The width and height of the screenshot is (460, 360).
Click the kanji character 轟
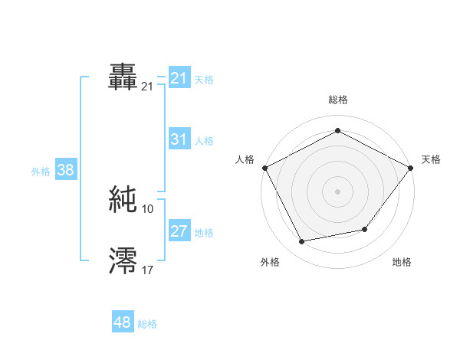(123, 77)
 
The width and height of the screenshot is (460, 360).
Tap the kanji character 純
(123, 199)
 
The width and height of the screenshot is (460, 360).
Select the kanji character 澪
(123, 260)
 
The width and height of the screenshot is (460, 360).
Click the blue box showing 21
(179, 78)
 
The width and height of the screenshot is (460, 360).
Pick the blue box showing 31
(179, 139)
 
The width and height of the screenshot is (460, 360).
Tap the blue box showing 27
(179, 231)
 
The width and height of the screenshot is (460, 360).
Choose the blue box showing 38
(66, 170)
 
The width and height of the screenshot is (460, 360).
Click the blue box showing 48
(123, 322)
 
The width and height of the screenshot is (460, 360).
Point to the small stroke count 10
(148, 208)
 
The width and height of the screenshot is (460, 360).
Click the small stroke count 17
(148, 270)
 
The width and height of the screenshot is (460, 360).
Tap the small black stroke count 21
(148, 87)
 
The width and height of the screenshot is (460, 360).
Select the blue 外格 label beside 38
(41, 172)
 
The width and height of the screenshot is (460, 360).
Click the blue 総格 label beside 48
(147, 324)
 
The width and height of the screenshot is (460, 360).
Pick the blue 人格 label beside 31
(204, 141)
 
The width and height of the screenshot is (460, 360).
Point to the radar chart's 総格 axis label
(338, 100)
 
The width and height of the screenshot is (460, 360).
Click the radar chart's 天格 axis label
(432, 159)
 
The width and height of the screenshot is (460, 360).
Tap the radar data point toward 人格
(265, 168)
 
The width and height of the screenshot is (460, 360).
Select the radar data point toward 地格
(365, 229)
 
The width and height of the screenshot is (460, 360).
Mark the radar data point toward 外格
(301, 242)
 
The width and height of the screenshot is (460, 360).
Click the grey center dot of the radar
(338, 191)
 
